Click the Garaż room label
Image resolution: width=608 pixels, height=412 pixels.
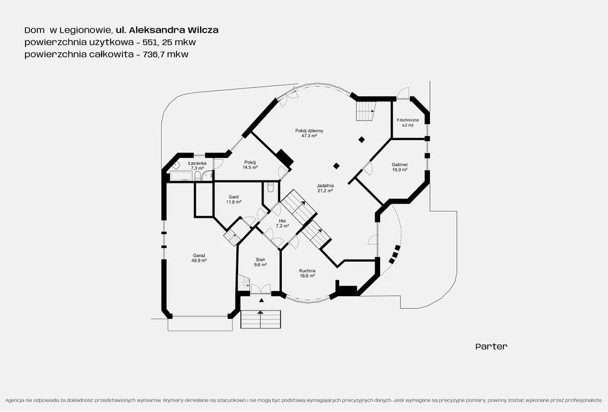click(198, 255)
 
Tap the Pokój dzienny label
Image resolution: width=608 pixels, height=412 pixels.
click(309, 131)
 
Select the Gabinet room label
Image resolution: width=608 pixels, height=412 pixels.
click(400, 164)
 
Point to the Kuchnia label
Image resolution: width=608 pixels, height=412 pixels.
click(307, 271)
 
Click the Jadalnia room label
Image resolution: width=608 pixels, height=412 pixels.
click(325, 186)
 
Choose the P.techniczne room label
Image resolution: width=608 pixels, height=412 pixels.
click(407, 120)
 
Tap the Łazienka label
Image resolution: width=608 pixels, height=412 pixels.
click(197, 164)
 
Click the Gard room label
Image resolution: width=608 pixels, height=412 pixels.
click(233, 197)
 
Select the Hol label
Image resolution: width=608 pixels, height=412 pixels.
click(282, 221)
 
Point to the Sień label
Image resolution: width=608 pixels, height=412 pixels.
click(260, 259)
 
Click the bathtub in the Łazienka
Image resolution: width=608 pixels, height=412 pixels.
click(182, 176)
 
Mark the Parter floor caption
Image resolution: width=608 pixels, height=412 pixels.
click(491, 347)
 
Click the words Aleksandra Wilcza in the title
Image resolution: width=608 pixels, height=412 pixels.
click(174, 30)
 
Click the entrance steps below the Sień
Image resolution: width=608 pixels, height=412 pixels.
click(261, 319)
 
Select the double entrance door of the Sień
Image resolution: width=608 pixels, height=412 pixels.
click(260, 289)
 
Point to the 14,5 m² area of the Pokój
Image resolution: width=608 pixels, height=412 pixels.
click(250, 167)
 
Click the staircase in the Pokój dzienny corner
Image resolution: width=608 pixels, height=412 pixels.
click(366, 111)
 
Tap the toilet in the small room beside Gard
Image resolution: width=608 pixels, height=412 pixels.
click(271, 188)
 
